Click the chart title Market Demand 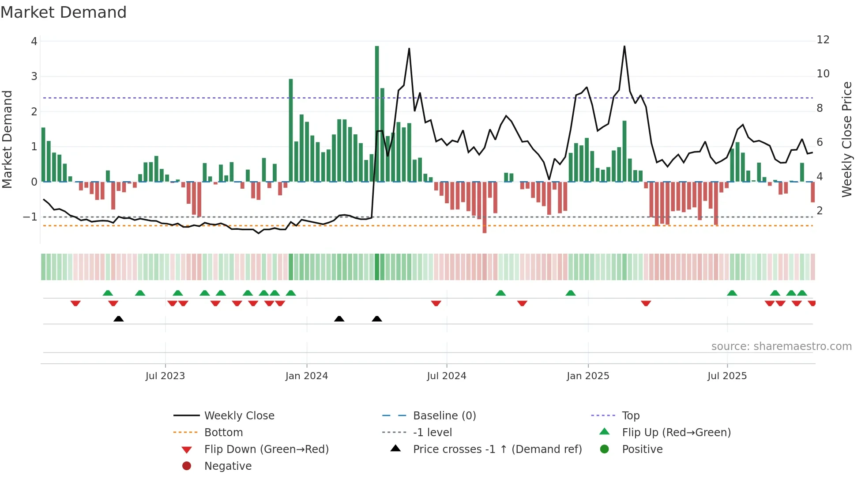64,12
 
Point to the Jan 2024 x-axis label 307,376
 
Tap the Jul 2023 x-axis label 165,376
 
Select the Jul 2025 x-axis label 727,376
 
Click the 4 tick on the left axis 34,42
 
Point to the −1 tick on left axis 30,217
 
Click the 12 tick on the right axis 823,40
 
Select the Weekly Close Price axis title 846,139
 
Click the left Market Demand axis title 8,139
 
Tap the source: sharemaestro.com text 781,346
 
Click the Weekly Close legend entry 239,416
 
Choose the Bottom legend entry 223,433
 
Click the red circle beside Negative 187,466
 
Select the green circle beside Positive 605,449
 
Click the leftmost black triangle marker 118,319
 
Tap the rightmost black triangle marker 377,319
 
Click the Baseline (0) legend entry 444,416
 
